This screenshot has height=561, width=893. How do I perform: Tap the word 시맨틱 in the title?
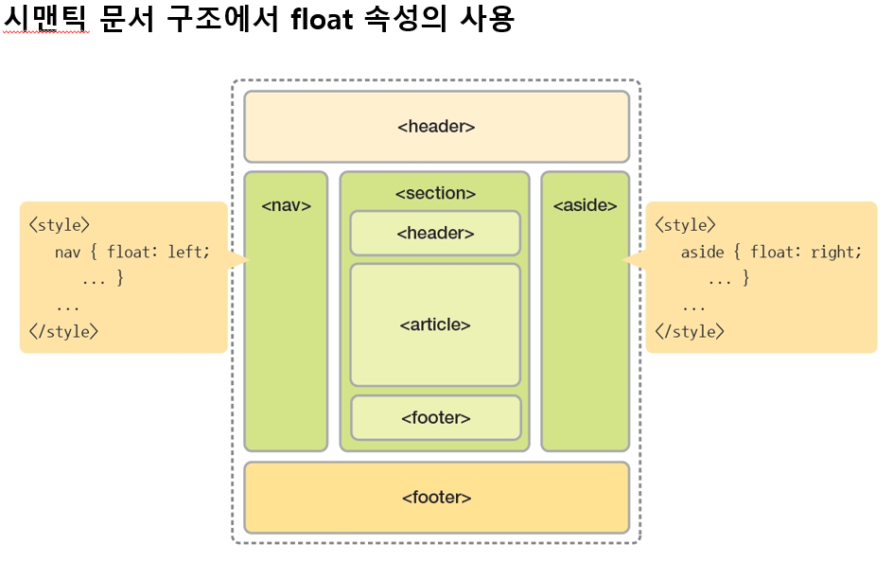(x=46, y=18)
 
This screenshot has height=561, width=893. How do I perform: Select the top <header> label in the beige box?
(x=436, y=126)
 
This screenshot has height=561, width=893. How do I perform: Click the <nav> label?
(x=286, y=204)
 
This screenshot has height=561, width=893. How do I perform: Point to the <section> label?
(x=435, y=193)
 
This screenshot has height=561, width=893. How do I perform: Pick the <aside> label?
(x=585, y=204)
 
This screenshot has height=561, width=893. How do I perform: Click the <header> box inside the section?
(x=435, y=233)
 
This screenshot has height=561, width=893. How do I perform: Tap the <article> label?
(x=435, y=324)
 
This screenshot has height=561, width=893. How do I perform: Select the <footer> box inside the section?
(x=436, y=417)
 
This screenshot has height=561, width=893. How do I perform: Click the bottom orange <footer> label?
(x=436, y=497)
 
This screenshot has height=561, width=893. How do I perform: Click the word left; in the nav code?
(x=189, y=252)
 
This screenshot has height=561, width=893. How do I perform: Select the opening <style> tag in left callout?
(x=60, y=225)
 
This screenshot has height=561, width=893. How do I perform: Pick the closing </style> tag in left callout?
(x=63, y=331)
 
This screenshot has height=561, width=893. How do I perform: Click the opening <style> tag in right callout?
(x=685, y=225)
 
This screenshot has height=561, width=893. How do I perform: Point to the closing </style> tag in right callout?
(x=690, y=331)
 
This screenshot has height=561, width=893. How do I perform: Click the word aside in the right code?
(x=702, y=252)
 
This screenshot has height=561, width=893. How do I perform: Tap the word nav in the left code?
(x=67, y=252)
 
